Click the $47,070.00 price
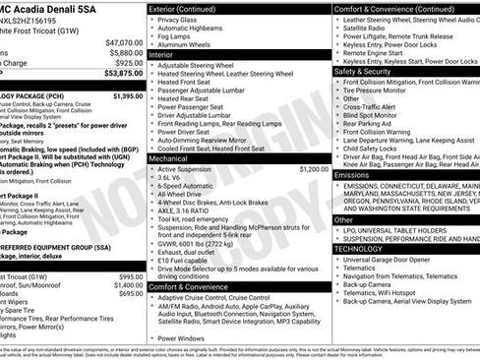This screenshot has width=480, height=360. point(124,42)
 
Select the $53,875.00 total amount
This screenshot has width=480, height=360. point(124,73)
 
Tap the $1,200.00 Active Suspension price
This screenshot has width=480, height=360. point(314,169)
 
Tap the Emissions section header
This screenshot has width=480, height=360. point(351,174)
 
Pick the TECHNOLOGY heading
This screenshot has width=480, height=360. point(357,249)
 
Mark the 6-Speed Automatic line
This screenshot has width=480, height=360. point(187,185)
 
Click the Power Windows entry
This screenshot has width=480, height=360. point(182,338)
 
